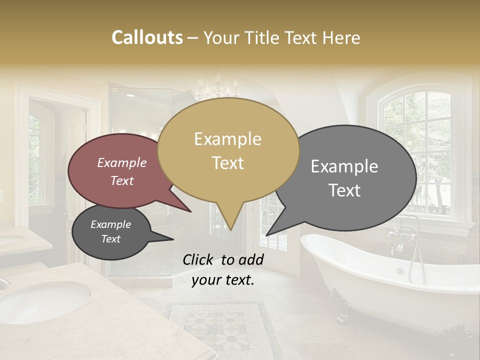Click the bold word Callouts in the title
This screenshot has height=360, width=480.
coord(147,38)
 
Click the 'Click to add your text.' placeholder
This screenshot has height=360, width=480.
coord(223,269)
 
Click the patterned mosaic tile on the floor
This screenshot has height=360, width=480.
coord(220,327)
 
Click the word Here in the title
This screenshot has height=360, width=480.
coord(342,38)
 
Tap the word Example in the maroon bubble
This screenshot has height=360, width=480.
coord(121,163)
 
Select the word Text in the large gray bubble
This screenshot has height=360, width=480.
coord(345,190)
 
